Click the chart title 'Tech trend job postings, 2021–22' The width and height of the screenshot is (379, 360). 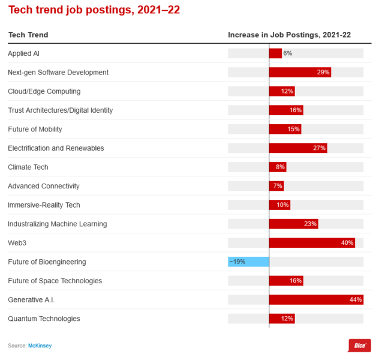[94, 10]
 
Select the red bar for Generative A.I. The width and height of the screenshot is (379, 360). [316, 299]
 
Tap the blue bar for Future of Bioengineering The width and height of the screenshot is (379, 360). [248, 262]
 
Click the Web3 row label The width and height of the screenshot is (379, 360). [17, 243]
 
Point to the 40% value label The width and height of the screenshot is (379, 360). [347, 243]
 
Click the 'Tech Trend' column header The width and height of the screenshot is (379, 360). [28, 35]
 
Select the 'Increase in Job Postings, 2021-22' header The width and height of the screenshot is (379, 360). [289, 35]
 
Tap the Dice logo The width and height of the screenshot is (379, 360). [359, 346]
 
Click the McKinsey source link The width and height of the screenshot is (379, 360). [38, 346]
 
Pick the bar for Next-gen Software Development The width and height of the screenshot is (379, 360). [300, 72]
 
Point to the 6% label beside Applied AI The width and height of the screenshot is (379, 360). [288, 53]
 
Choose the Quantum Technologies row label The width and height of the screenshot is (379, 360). [44, 319]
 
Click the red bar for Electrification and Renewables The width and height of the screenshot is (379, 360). [298, 148]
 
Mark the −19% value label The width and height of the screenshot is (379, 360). [237, 262]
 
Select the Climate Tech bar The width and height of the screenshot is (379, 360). [278, 167]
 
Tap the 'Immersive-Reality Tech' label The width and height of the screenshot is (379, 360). [44, 205]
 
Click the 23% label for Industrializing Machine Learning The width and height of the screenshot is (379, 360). [310, 224]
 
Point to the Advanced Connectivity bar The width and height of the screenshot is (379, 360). [276, 186]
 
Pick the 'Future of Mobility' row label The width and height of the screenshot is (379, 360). [35, 129]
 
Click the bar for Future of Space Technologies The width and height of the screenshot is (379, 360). [286, 281]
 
